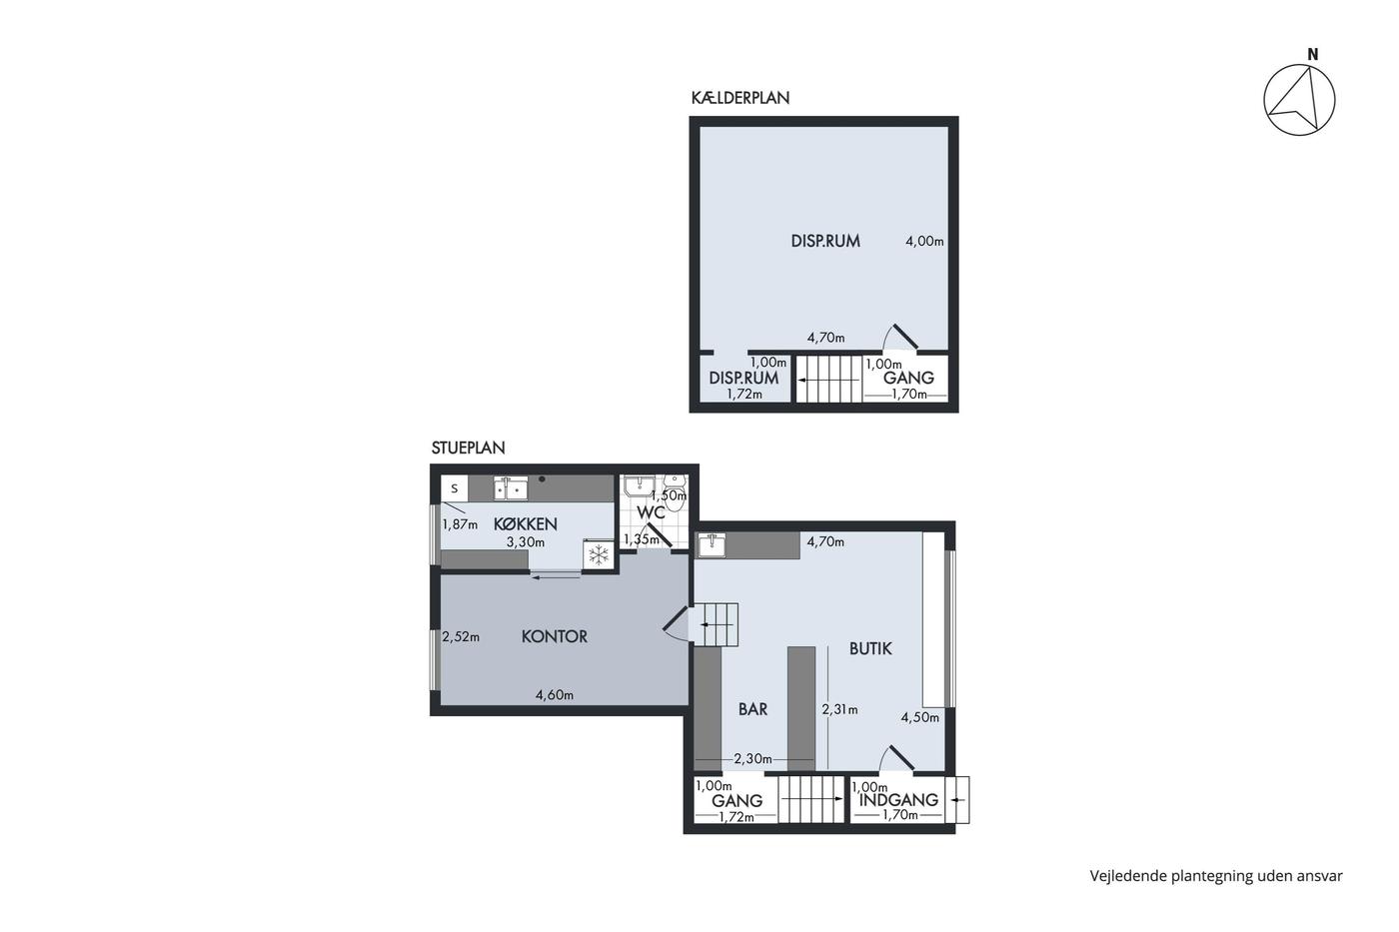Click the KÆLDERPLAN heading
click(x=740, y=98)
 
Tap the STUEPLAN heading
click(x=468, y=448)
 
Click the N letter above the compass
click(x=1313, y=55)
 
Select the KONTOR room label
click(x=555, y=636)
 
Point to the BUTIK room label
click(x=870, y=648)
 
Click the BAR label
click(x=752, y=709)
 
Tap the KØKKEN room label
click(x=526, y=524)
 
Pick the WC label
click(x=651, y=512)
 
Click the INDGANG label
click(x=898, y=800)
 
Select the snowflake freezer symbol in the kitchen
click(x=599, y=554)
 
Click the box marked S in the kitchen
click(x=455, y=488)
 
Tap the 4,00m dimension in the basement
click(x=924, y=242)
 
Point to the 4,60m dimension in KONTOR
click(x=555, y=695)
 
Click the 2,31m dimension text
click(x=839, y=710)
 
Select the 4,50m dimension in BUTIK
click(x=919, y=718)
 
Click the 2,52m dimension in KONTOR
click(x=461, y=637)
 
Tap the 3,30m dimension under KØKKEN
click(x=526, y=542)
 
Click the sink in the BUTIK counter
click(x=711, y=545)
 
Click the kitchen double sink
click(x=511, y=488)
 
